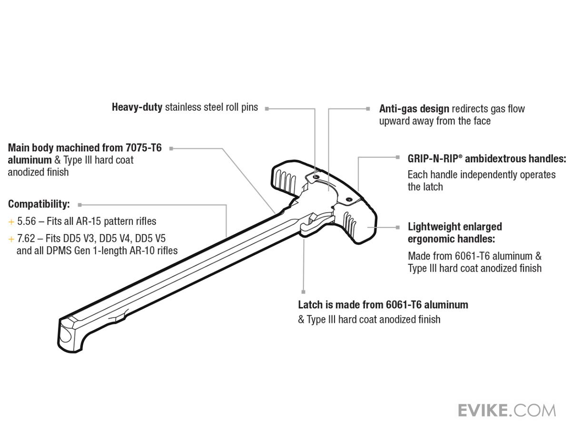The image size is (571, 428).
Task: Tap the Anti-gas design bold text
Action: pyautogui.click(x=414, y=109)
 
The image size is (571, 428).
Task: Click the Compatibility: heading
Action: pyautogui.click(x=39, y=204)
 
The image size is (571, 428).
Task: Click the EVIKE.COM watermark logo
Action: pyautogui.click(x=506, y=410)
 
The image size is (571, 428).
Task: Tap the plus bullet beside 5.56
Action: pyautogui.click(x=11, y=222)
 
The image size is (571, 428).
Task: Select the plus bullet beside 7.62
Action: pyautogui.click(x=11, y=238)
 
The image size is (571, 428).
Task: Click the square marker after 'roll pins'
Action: pyautogui.click(x=267, y=108)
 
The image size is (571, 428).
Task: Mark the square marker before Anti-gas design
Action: pyautogui.click(x=368, y=108)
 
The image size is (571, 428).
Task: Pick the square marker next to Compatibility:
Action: pyautogui.click(x=79, y=205)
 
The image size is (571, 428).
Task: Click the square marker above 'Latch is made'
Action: pyautogui.click(x=303, y=292)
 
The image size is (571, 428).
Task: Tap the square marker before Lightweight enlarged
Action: pyautogui.click(x=398, y=227)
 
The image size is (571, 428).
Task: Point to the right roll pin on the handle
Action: pyautogui.click(x=348, y=199)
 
